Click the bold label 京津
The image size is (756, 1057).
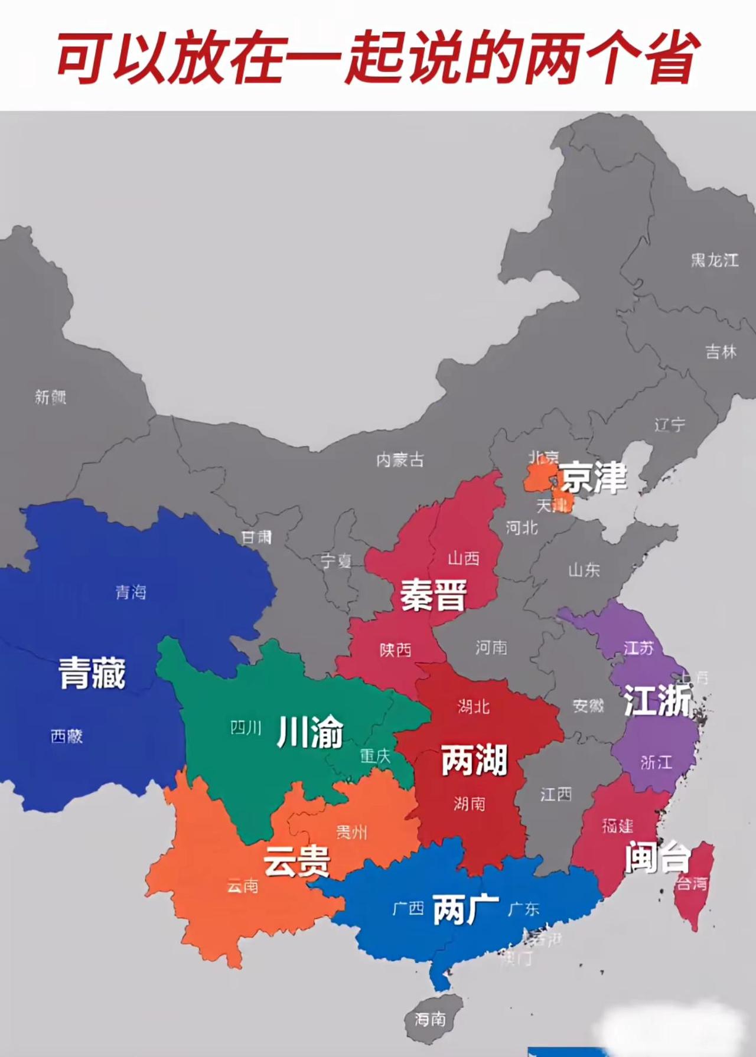[x=593, y=477]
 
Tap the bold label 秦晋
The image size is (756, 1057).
[x=434, y=595]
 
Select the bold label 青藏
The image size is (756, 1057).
[x=92, y=673]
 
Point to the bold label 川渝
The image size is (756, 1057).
[x=310, y=732]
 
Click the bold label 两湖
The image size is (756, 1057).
[x=474, y=760]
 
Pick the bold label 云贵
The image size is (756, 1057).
[x=296, y=860]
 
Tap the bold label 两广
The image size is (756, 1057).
[x=466, y=909]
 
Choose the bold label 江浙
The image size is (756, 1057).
[x=657, y=701]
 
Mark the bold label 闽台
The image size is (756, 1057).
[x=657, y=857]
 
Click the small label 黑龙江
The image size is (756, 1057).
[x=715, y=260]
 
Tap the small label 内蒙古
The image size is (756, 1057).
[x=400, y=459]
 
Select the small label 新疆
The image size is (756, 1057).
[x=50, y=397]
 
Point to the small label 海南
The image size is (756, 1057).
[x=430, y=1019]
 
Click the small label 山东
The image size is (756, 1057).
[x=584, y=570]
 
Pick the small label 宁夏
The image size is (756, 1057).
[x=336, y=560]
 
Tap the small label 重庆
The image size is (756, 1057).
[x=375, y=756]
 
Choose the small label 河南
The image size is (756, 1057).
[x=491, y=648]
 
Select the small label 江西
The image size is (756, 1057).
[x=556, y=794]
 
